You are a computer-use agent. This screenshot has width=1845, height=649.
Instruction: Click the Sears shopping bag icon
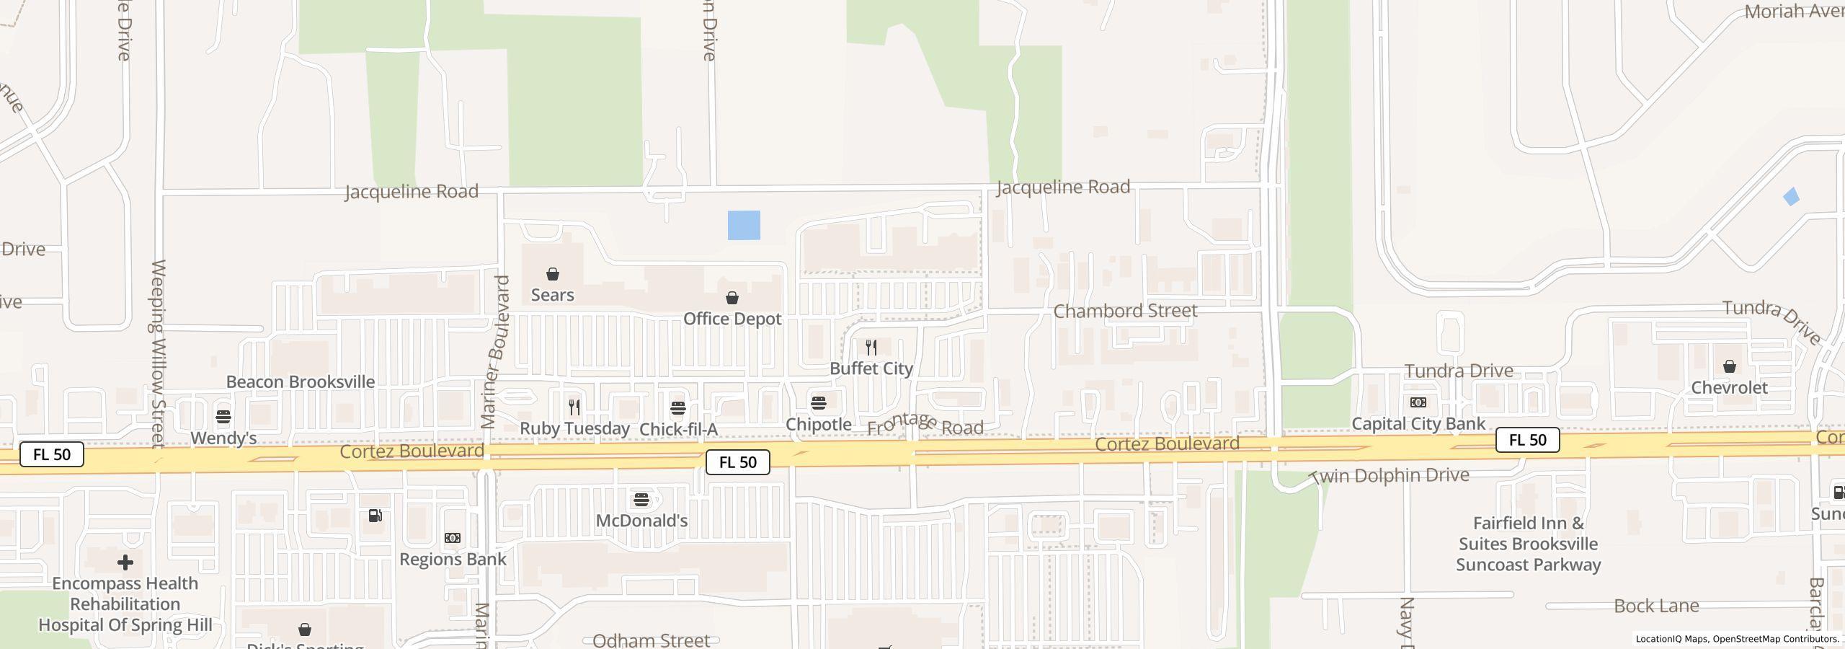point(553,274)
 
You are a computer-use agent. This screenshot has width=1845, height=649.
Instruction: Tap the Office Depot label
point(732,319)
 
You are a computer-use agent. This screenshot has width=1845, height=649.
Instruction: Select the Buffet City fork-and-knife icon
point(871,348)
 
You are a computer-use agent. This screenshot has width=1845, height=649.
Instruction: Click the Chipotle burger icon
point(819,402)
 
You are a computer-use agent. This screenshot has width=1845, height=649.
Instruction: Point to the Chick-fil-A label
point(678,430)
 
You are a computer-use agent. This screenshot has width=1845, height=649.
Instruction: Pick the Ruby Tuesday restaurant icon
point(574,407)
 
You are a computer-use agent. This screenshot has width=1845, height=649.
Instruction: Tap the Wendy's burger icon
point(223,417)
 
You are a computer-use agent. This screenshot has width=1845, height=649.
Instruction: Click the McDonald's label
point(641,521)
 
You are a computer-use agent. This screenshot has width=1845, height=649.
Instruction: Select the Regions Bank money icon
point(453,538)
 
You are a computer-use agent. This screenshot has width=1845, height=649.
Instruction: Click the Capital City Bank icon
point(1418,402)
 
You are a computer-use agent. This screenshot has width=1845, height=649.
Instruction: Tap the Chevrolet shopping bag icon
point(1730,367)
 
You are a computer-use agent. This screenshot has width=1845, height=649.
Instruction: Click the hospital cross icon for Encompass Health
point(125,562)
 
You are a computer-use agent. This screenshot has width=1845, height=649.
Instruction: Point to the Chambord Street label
point(1125,311)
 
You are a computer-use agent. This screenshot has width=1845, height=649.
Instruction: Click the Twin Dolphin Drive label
point(1389,476)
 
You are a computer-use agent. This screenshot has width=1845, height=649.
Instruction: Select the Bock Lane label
point(1656,606)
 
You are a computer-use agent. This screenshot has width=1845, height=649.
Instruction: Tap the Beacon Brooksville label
point(301,381)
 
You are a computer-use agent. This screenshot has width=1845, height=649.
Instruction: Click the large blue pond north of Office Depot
point(744,225)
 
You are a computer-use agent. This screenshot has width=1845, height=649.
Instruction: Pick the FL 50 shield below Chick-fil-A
point(738,462)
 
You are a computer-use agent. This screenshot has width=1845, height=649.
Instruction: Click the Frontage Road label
point(925,425)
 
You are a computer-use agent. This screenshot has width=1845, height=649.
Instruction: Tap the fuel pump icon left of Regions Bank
point(375,516)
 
